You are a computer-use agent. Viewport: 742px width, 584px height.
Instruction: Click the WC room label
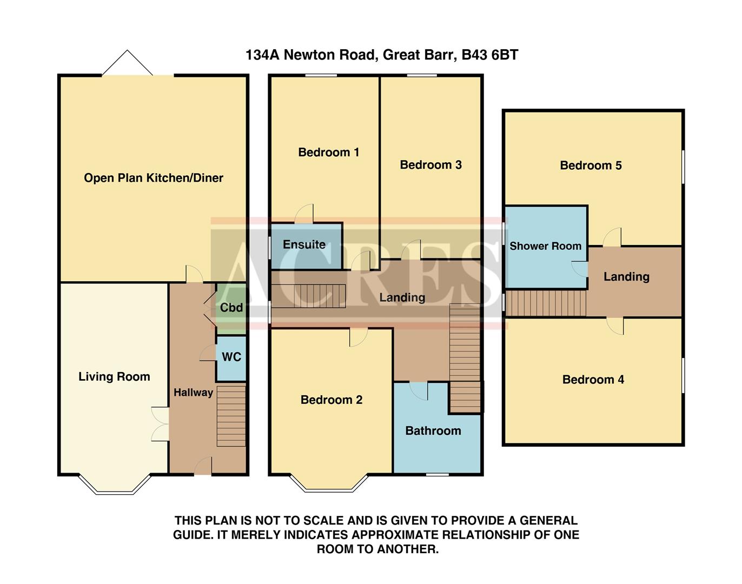tap(231, 357)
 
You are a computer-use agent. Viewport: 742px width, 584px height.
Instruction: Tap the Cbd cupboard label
tap(231, 308)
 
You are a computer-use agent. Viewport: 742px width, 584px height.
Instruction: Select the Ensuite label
tap(304, 244)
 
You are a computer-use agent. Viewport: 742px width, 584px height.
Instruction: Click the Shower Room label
tap(545, 246)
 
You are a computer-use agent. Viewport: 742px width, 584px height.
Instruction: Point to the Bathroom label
tap(433, 431)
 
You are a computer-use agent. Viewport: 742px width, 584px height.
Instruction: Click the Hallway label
tap(193, 393)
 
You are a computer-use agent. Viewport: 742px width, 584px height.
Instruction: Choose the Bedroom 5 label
tap(591, 165)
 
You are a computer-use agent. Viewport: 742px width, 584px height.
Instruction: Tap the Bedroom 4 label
tap(593, 380)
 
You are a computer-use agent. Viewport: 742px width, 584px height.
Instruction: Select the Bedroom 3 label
tap(430, 165)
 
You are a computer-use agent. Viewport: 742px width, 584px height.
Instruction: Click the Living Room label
tap(114, 377)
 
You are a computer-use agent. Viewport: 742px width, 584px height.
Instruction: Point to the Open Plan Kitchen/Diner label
tap(153, 178)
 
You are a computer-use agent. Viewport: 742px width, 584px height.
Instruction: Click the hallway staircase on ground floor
tap(231, 415)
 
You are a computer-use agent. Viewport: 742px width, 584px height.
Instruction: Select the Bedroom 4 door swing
tap(615, 326)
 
